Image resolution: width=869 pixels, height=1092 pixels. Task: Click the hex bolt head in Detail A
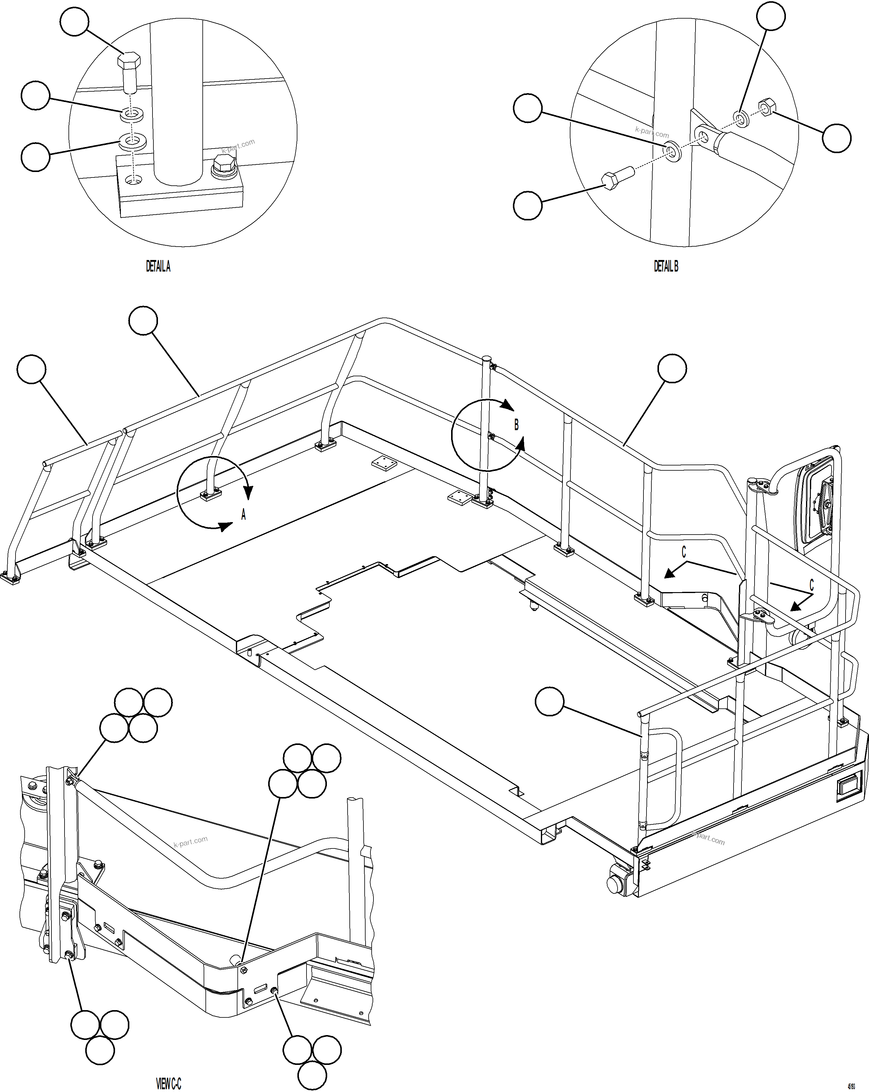click(x=129, y=61)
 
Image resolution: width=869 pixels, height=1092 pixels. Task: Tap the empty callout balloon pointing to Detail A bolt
click(x=75, y=21)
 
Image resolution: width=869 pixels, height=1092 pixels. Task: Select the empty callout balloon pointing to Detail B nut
click(x=836, y=138)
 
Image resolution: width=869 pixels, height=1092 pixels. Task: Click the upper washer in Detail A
click(x=132, y=114)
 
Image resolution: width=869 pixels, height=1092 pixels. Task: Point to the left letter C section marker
click(x=684, y=552)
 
